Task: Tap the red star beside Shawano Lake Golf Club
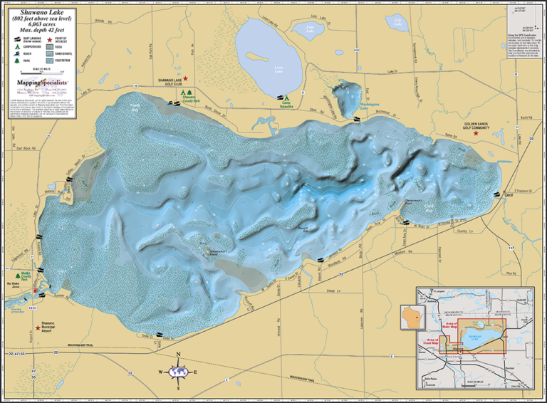pyautogui.click(x=186, y=78)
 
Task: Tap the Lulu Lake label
pyautogui.click(x=310, y=29)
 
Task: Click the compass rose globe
pyautogui.click(x=178, y=371)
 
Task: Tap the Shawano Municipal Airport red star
pyautogui.click(x=38, y=328)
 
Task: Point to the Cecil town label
pyautogui.click(x=508, y=194)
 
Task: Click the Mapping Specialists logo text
pyautogui.click(x=42, y=83)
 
